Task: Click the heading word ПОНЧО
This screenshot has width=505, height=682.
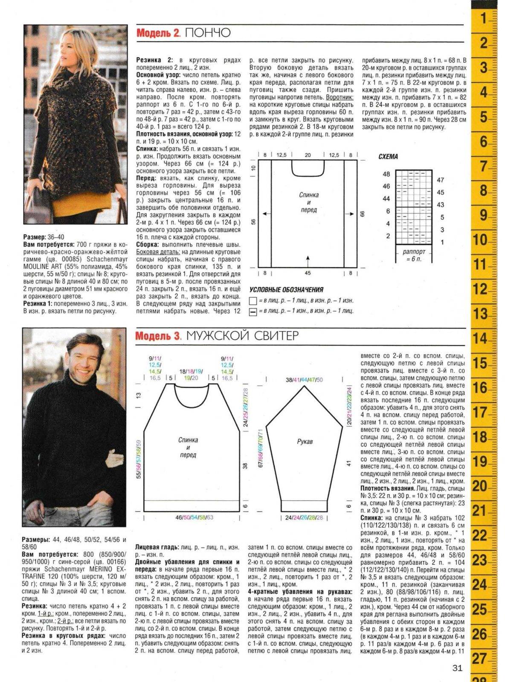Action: point(208,33)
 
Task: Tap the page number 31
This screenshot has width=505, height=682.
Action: point(457,668)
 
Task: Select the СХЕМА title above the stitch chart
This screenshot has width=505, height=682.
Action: point(388,156)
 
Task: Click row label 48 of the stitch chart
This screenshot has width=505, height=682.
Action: point(386,174)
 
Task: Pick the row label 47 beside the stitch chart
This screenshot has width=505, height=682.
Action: point(441,180)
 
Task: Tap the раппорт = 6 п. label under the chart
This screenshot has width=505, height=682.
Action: point(414,255)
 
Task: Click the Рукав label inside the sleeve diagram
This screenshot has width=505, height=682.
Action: point(305,442)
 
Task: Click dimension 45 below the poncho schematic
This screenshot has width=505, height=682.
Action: point(308,273)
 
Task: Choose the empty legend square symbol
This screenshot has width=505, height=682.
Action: point(252,301)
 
